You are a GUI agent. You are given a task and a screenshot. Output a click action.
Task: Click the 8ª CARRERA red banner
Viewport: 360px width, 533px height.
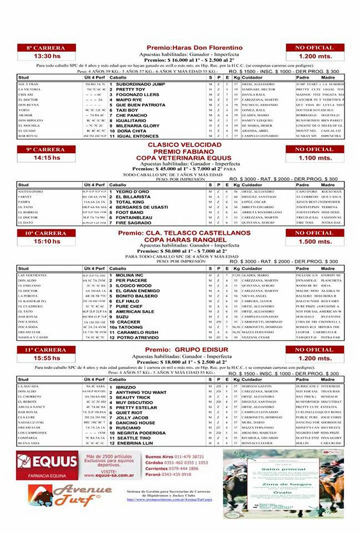(45, 48)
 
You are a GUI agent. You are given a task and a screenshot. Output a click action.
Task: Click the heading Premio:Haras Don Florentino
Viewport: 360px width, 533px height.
(194, 48)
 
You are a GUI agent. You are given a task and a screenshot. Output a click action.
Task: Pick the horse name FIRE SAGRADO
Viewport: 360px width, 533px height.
(134, 223)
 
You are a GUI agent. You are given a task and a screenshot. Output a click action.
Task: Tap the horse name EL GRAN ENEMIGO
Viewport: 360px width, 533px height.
(138, 290)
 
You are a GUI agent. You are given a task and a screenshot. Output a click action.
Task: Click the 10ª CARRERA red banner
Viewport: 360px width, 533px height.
(45, 233)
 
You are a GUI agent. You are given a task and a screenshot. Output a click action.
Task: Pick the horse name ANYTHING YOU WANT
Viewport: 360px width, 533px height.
(141, 392)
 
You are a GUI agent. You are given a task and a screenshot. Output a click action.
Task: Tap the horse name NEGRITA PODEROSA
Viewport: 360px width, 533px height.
(140, 433)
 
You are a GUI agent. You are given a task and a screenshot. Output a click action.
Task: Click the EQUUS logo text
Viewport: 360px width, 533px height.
(54, 461)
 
